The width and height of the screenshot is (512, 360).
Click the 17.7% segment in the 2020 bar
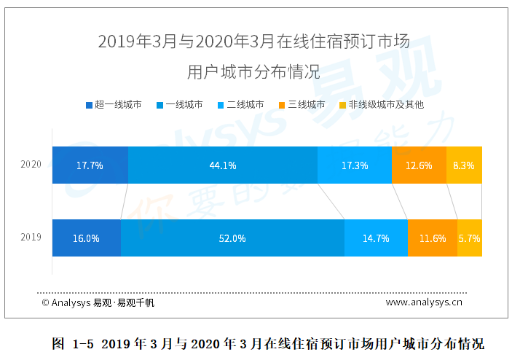tap(90, 165)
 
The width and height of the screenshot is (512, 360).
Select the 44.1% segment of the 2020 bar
tap(222, 165)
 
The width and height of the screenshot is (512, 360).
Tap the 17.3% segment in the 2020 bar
tap(354, 165)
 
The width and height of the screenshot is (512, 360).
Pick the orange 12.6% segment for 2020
tap(418, 165)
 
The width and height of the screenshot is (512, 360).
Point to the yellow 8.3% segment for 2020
tap(464, 165)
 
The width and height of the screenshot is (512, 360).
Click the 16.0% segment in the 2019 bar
tap(87, 238)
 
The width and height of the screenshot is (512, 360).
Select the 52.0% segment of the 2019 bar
tap(232, 238)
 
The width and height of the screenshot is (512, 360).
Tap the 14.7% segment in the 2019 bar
tap(376, 238)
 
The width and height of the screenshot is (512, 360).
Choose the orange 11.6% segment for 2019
tap(432, 238)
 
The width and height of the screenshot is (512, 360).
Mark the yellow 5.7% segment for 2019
tap(470, 238)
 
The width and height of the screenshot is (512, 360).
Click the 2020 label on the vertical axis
tap(31, 165)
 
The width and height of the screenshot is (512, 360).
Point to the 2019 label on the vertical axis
tap(31, 238)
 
